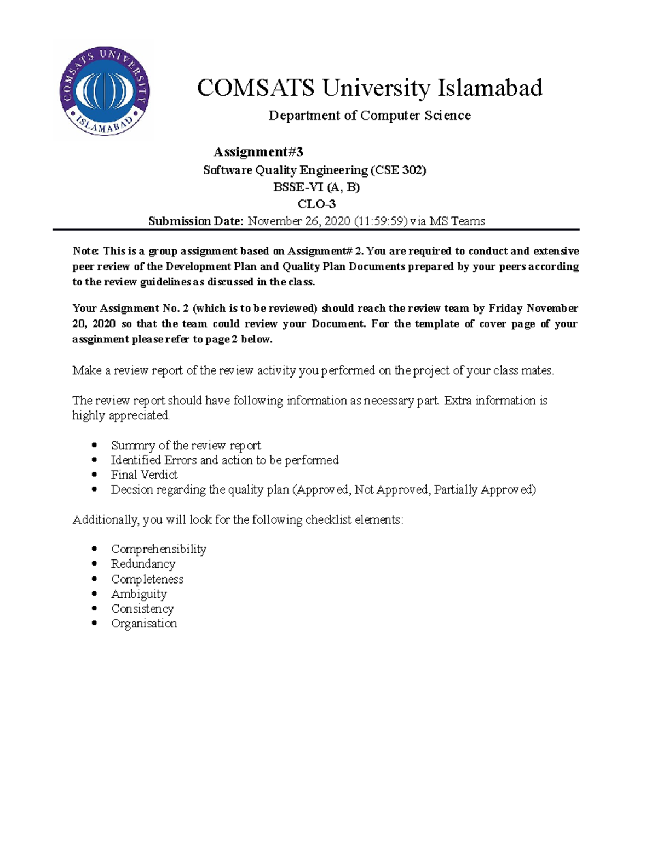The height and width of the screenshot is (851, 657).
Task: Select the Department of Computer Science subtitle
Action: (369, 116)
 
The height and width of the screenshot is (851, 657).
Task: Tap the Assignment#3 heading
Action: (258, 152)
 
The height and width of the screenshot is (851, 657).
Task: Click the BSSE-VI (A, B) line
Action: (316, 187)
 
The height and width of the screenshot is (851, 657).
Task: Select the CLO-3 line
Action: (316, 204)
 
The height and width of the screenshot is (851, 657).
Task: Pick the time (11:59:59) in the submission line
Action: (381, 221)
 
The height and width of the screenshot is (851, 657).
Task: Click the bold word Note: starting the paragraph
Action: (86, 252)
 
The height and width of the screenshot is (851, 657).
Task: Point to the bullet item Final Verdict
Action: (144, 475)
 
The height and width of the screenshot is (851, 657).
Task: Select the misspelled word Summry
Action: (133, 446)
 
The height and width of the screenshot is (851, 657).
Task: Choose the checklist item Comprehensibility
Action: (158, 549)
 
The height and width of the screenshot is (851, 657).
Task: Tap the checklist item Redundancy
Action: (143, 564)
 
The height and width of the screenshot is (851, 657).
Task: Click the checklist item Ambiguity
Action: (139, 594)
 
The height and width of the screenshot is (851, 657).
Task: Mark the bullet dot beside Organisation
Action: (95, 624)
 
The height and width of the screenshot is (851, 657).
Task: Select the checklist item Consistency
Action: (142, 609)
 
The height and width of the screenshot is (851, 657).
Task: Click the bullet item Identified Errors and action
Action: (224, 460)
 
